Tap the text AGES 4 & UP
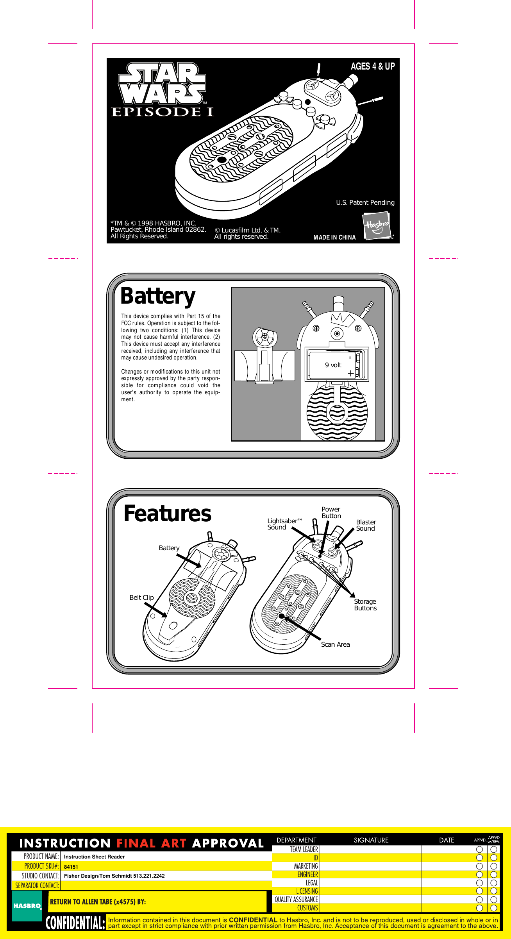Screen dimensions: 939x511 coord(372,66)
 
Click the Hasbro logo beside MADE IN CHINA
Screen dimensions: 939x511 coord(377,226)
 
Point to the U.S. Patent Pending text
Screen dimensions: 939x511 coord(365,202)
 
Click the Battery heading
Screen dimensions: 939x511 coord(158,296)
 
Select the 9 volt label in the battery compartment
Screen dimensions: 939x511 coord(333,365)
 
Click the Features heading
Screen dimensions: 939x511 coord(167,513)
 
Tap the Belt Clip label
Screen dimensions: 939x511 coord(141,597)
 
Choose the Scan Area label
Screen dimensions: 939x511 coord(335,644)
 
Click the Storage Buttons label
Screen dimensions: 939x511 coord(365,605)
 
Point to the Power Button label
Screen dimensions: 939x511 coord(331,512)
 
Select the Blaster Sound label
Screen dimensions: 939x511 coord(366,525)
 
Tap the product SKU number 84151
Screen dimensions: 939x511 coord(71,867)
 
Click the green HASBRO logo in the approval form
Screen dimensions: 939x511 coord(27,906)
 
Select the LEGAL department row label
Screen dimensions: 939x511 coord(312,883)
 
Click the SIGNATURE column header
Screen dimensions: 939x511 coord(371,840)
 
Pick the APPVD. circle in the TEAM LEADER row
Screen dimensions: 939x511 coord(480,849)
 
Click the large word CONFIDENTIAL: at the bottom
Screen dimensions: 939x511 coord(75,923)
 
